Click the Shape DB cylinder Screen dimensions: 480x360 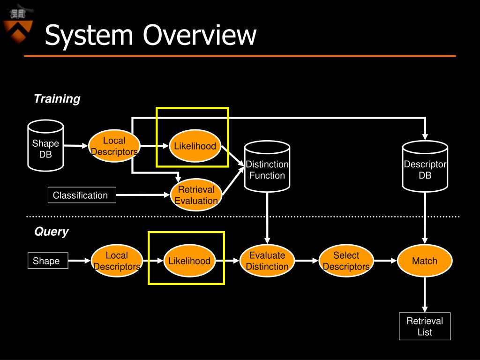45,146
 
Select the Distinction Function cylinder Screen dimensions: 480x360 267,166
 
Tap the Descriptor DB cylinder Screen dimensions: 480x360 425,166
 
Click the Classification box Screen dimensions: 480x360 82,195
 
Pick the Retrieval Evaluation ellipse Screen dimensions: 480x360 196,195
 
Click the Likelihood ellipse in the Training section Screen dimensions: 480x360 195,146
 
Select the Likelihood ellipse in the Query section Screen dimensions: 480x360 189,261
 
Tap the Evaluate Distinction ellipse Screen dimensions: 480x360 267,261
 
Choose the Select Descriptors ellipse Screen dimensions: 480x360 346,261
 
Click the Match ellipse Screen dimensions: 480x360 425,261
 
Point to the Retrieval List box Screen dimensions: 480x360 425,326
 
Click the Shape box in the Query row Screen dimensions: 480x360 48,261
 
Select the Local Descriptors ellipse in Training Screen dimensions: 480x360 114,146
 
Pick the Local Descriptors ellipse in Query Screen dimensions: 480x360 117,261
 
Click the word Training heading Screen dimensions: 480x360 57,98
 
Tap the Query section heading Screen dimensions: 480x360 52,232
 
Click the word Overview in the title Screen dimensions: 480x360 200,35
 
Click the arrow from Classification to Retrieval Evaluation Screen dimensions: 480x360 143,195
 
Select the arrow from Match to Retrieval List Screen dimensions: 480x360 425,295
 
